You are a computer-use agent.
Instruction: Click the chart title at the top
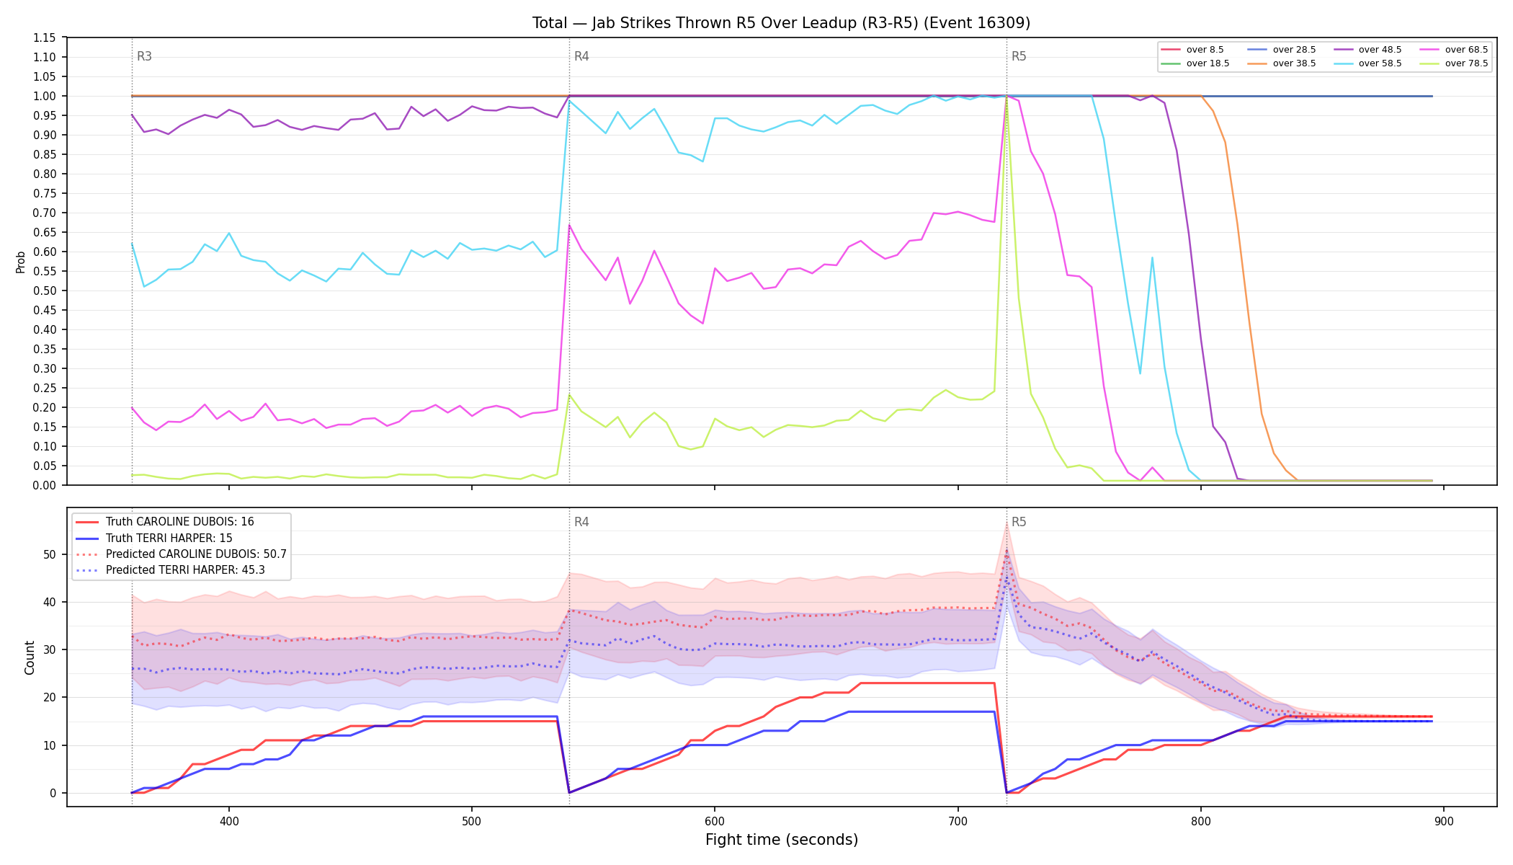tap(781, 23)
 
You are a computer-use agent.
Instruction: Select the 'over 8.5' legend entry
tap(1192, 50)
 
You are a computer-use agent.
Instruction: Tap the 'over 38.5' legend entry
tap(1282, 63)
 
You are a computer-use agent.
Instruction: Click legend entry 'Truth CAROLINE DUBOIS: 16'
tap(165, 522)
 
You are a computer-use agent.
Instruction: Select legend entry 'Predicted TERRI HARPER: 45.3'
tap(170, 570)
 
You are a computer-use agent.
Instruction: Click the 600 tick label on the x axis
tap(715, 822)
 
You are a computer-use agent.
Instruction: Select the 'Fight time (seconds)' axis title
tap(782, 840)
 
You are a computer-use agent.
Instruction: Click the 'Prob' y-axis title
tap(21, 262)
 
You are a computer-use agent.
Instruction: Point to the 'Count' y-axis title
tap(30, 657)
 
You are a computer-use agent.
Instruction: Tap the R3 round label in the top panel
tap(144, 56)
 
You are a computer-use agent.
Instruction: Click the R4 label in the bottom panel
tap(581, 522)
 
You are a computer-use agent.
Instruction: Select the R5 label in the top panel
tap(1019, 56)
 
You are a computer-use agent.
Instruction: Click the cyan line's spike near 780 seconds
tap(1152, 257)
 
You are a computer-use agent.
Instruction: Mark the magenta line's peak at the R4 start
tap(569, 225)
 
